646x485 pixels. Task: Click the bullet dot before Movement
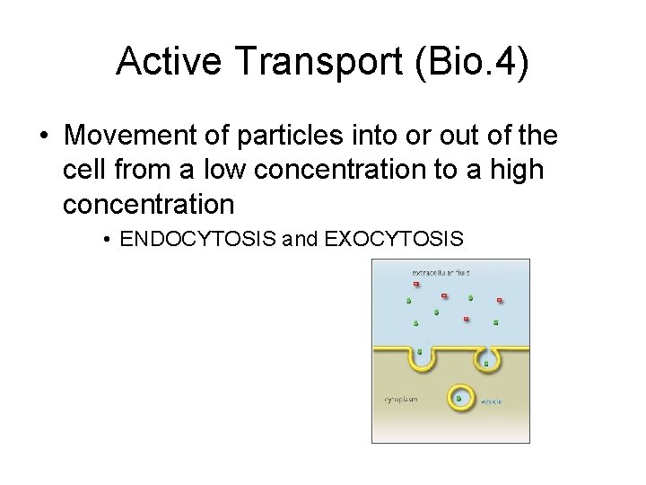(44, 137)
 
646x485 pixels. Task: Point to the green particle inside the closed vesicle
(459, 396)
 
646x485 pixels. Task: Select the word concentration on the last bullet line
(149, 204)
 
